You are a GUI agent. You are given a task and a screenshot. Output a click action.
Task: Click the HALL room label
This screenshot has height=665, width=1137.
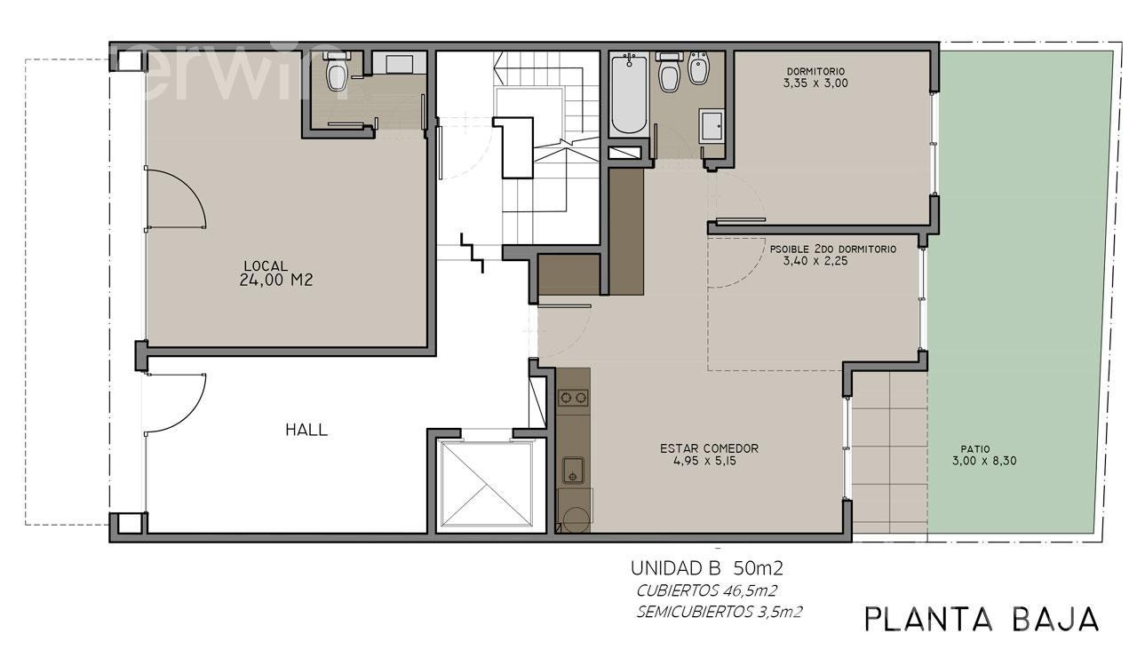click(x=306, y=430)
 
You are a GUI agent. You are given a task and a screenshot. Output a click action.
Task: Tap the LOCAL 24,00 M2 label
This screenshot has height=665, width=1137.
click(x=275, y=273)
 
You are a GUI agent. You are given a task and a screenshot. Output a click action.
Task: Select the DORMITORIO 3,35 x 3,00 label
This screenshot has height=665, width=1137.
click(x=815, y=77)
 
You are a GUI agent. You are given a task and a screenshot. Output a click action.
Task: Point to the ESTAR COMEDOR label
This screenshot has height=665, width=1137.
click(x=709, y=448)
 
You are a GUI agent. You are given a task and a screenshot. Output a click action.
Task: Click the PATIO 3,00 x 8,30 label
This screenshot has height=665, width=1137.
click(x=984, y=455)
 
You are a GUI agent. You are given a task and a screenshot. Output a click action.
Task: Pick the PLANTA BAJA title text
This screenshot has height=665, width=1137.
click(x=982, y=620)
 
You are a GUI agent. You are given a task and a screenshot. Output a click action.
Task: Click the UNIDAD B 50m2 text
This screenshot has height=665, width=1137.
click(x=706, y=568)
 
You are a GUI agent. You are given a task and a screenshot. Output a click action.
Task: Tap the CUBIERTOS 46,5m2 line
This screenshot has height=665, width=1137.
click(x=706, y=591)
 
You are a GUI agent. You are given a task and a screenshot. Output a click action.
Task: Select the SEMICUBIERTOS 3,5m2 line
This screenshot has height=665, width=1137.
click(x=720, y=613)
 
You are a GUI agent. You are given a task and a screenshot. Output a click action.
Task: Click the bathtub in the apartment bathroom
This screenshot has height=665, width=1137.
click(x=629, y=94)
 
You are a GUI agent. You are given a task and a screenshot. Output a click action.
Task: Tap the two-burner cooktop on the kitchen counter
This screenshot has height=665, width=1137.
click(x=574, y=398)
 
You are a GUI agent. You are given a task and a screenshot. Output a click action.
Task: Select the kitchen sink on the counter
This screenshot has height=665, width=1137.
click(x=573, y=471)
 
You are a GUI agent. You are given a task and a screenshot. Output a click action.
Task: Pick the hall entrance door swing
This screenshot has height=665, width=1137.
click(x=175, y=403)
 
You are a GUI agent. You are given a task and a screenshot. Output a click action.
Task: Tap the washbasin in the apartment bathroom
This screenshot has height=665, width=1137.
click(x=712, y=125)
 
